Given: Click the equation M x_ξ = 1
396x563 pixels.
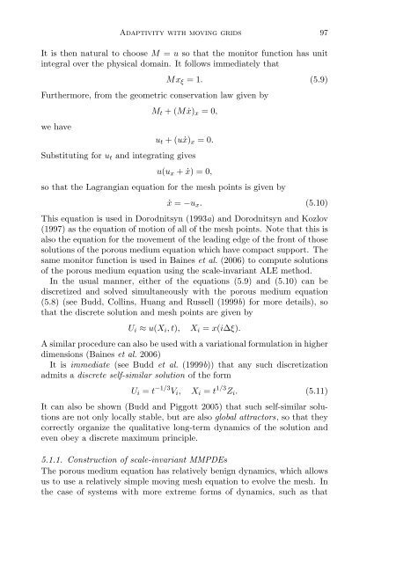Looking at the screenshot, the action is [198, 80].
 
